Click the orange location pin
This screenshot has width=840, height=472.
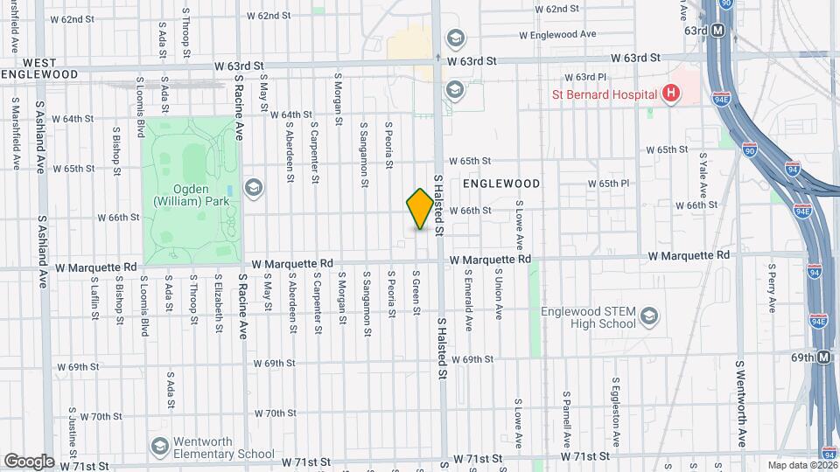pos(420,209)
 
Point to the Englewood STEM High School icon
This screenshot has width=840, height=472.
pos(649,315)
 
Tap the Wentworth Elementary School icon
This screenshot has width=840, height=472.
pos(160,447)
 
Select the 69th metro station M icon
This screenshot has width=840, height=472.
pos(823,357)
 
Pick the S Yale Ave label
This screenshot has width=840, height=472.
pos(703,175)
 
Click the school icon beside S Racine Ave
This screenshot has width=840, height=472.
pos(254,187)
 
